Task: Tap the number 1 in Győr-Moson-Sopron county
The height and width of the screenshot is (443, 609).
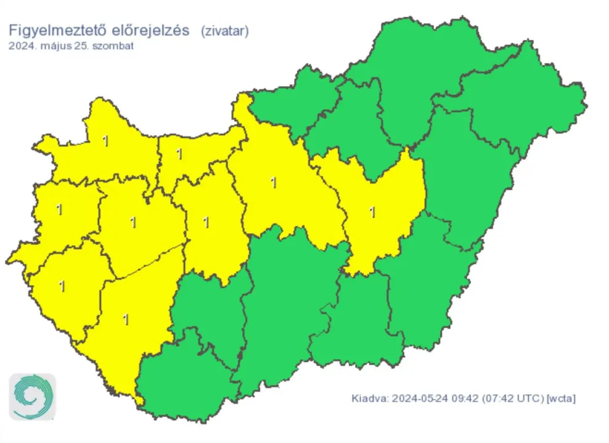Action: click(105, 141)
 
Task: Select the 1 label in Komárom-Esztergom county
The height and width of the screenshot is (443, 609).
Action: click(179, 154)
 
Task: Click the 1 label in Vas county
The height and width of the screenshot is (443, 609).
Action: click(59, 209)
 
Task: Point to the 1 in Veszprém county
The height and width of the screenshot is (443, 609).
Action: click(133, 223)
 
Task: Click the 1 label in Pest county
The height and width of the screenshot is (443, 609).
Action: click(273, 183)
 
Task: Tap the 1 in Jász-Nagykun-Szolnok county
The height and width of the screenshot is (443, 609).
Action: click(372, 212)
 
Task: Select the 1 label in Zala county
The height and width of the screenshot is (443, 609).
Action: click(62, 286)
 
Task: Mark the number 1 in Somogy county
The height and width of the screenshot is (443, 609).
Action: click(126, 320)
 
